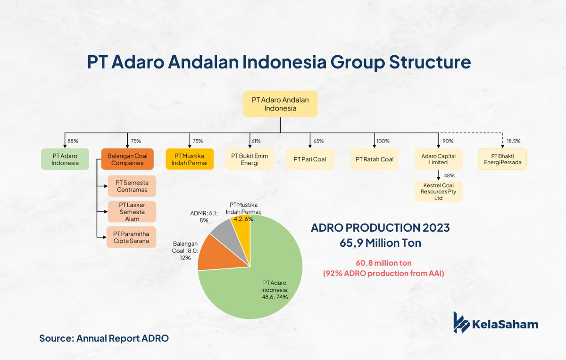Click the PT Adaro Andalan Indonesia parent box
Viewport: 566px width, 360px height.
pos(280,104)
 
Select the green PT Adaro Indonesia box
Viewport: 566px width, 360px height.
pos(65,159)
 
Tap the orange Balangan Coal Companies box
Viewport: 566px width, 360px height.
pos(127,159)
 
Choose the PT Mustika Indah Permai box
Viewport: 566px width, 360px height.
pos(190,159)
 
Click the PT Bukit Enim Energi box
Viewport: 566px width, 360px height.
pos(250,159)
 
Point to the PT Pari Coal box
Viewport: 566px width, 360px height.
pos(310,159)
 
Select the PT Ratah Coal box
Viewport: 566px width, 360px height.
pos(374,159)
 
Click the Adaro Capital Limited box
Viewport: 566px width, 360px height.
pos(438,159)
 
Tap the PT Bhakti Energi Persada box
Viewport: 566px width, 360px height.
pos(503,159)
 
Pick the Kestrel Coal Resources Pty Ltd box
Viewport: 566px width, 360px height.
pos(438,192)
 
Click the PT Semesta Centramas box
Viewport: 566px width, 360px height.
pos(132,186)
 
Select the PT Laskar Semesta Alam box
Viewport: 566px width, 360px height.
pos(132,211)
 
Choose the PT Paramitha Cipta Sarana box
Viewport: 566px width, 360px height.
pos(131,237)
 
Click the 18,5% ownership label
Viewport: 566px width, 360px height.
pos(514,141)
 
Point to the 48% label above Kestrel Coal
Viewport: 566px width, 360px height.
pos(449,176)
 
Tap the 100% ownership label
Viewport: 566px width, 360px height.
pos(383,141)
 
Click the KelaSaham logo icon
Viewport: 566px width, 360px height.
pos(461,322)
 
